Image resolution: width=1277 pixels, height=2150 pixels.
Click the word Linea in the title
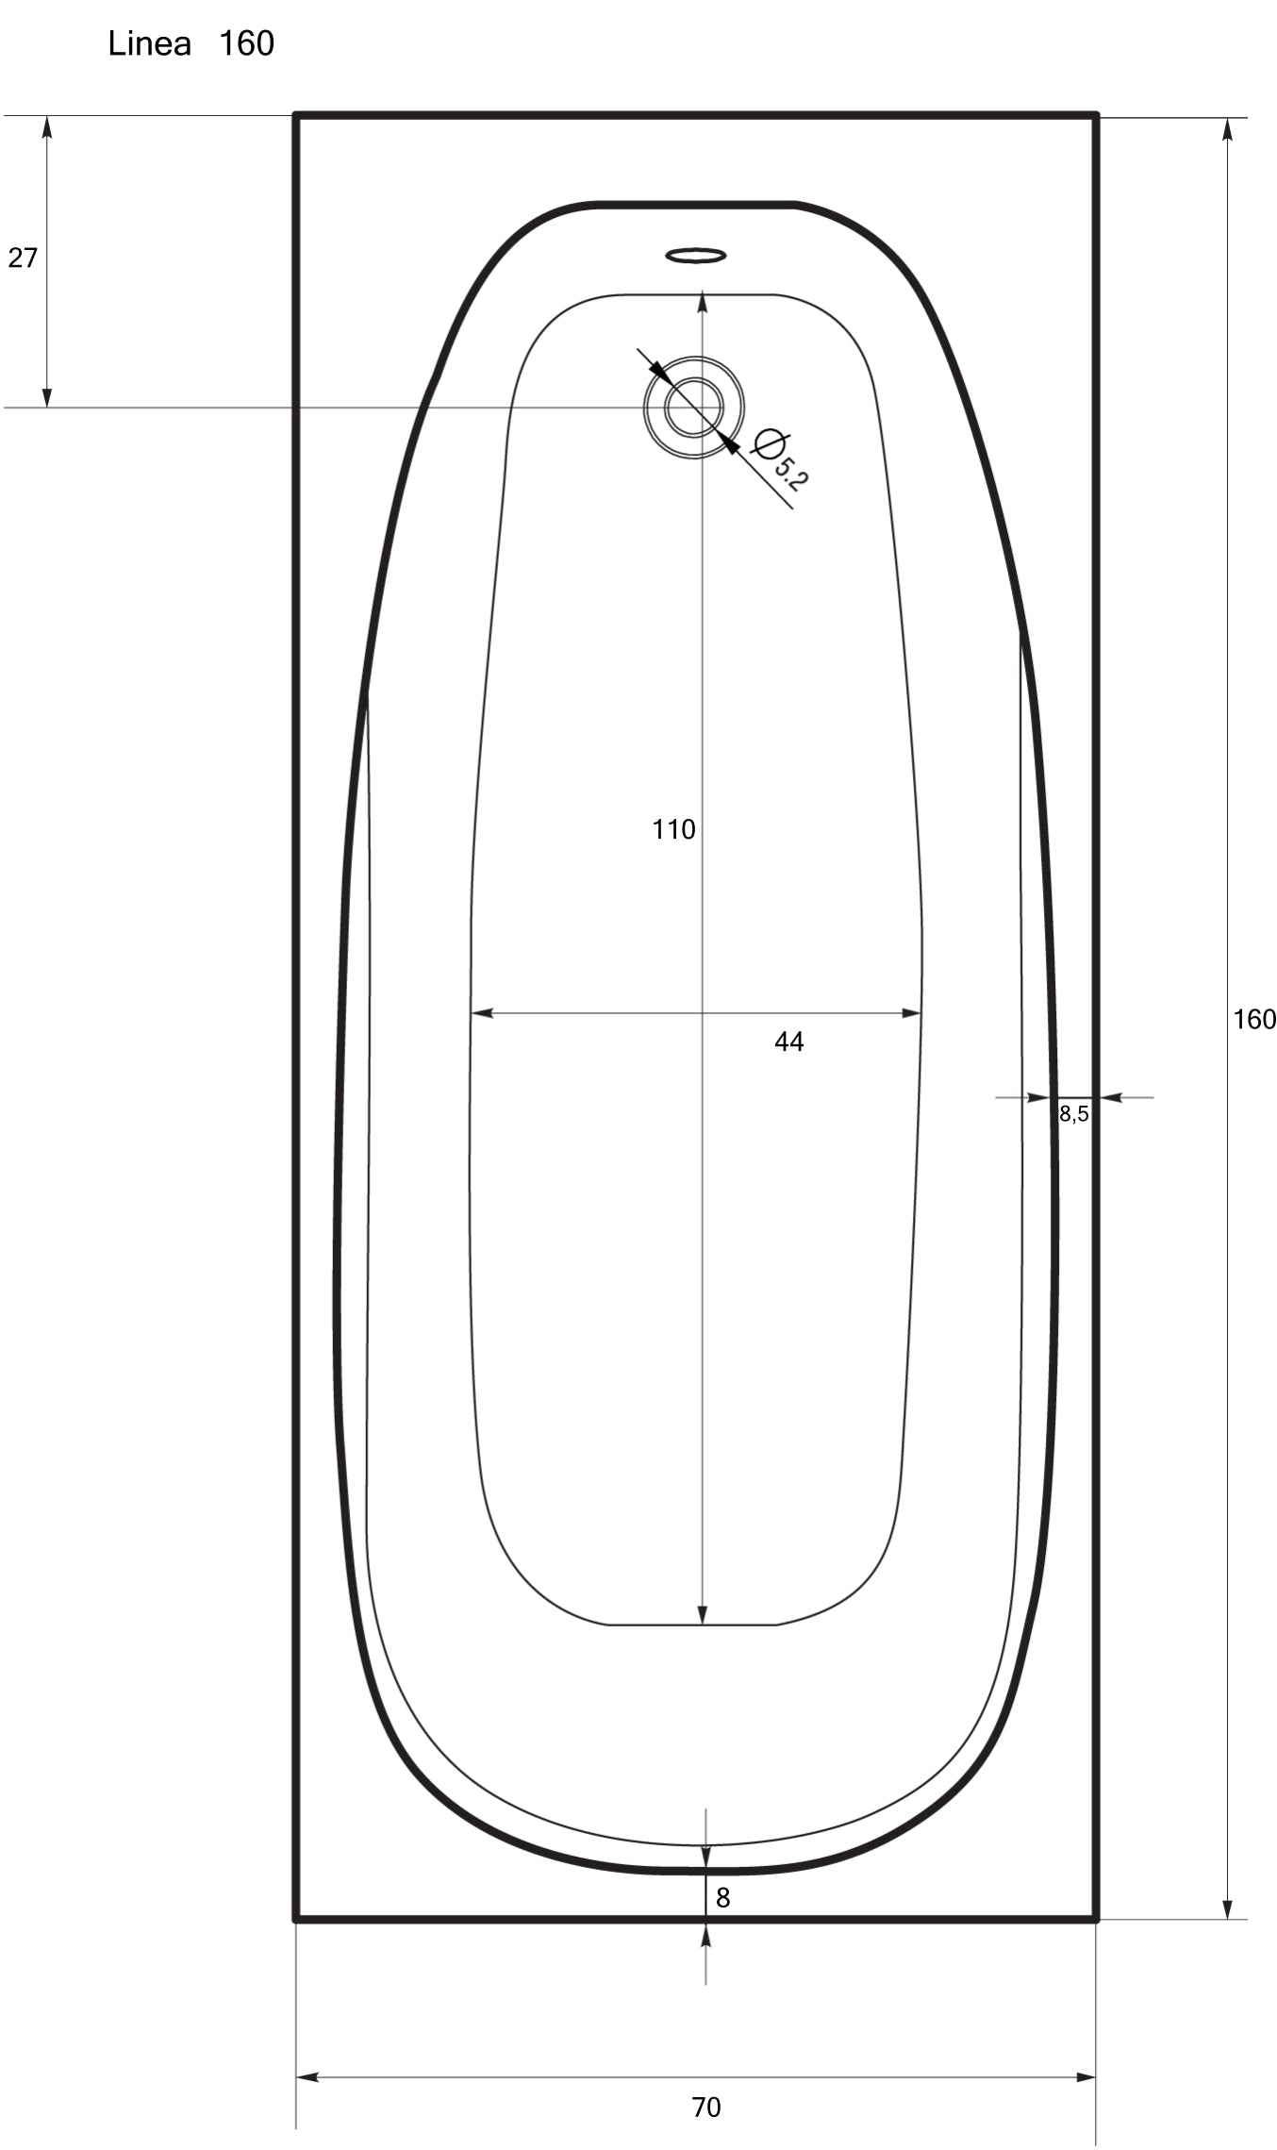149,43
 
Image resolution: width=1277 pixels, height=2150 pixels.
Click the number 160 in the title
246,43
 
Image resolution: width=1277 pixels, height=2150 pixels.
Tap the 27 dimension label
23,258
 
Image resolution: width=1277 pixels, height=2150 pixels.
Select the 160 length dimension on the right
1253,1019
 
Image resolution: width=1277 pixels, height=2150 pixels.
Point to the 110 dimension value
673,829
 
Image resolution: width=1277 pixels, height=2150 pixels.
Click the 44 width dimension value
788,1042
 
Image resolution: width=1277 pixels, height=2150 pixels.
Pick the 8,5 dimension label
1073,1113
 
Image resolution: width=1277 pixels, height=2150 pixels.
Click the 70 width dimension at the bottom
705,2107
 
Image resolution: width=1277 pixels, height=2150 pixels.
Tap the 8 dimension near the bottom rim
722,1897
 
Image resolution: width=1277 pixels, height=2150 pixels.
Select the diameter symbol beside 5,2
770,442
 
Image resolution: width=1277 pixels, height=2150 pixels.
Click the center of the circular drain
694,408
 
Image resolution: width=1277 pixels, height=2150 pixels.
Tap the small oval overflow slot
695,255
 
